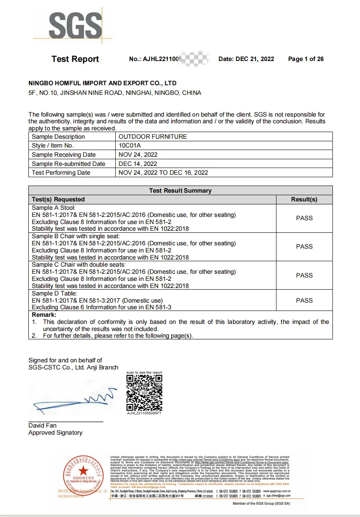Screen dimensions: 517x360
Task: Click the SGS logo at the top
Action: pos(76,25)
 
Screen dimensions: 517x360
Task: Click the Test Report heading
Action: pos(75,59)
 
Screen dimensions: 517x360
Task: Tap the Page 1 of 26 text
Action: pos(306,59)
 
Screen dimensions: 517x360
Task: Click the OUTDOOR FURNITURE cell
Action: pos(152,137)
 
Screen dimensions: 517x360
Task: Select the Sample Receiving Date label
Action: pos(63,155)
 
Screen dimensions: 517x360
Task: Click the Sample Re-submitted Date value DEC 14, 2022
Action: pos(138,164)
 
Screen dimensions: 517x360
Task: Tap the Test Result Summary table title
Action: pos(180,191)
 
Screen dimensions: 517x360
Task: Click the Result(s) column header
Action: pos(304,199)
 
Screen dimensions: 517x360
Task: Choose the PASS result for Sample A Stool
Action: pos(304,218)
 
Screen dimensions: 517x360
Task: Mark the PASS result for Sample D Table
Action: pos(304,301)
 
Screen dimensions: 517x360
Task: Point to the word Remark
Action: pos(44,315)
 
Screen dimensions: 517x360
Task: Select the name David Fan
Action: pos(42,425)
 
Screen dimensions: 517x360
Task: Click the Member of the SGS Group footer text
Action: pos(261,504)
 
